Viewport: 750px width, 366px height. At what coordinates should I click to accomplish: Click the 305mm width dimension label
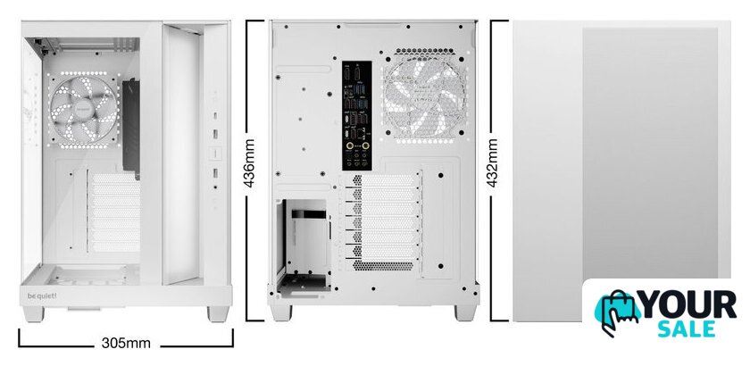(x=126, y=343)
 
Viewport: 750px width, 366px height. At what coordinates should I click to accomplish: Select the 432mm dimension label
(x=492, y=162)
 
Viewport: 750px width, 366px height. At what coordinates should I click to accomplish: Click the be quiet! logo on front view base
(x=38, y=295)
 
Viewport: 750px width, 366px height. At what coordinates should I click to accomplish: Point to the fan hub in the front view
(x=84, y=110)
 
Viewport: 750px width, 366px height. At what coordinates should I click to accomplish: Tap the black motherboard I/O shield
(x=357, y=115)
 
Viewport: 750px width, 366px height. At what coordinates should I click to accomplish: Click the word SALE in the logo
(x=687, y=330)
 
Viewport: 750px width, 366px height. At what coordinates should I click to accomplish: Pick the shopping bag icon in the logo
(x=617, y=312)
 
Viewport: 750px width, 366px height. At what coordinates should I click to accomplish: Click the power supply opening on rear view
(x=304, y=245)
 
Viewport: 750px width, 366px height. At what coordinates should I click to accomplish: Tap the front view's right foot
(x=219, y=314)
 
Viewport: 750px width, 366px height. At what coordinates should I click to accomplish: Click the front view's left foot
(x=34, y=314)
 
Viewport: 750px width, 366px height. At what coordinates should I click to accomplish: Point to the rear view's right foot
(x=465, y=313)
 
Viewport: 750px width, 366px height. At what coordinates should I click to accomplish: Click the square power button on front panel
(x=215, y=154)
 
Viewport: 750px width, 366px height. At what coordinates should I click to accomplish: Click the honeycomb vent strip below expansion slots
(x=383, y=266)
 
